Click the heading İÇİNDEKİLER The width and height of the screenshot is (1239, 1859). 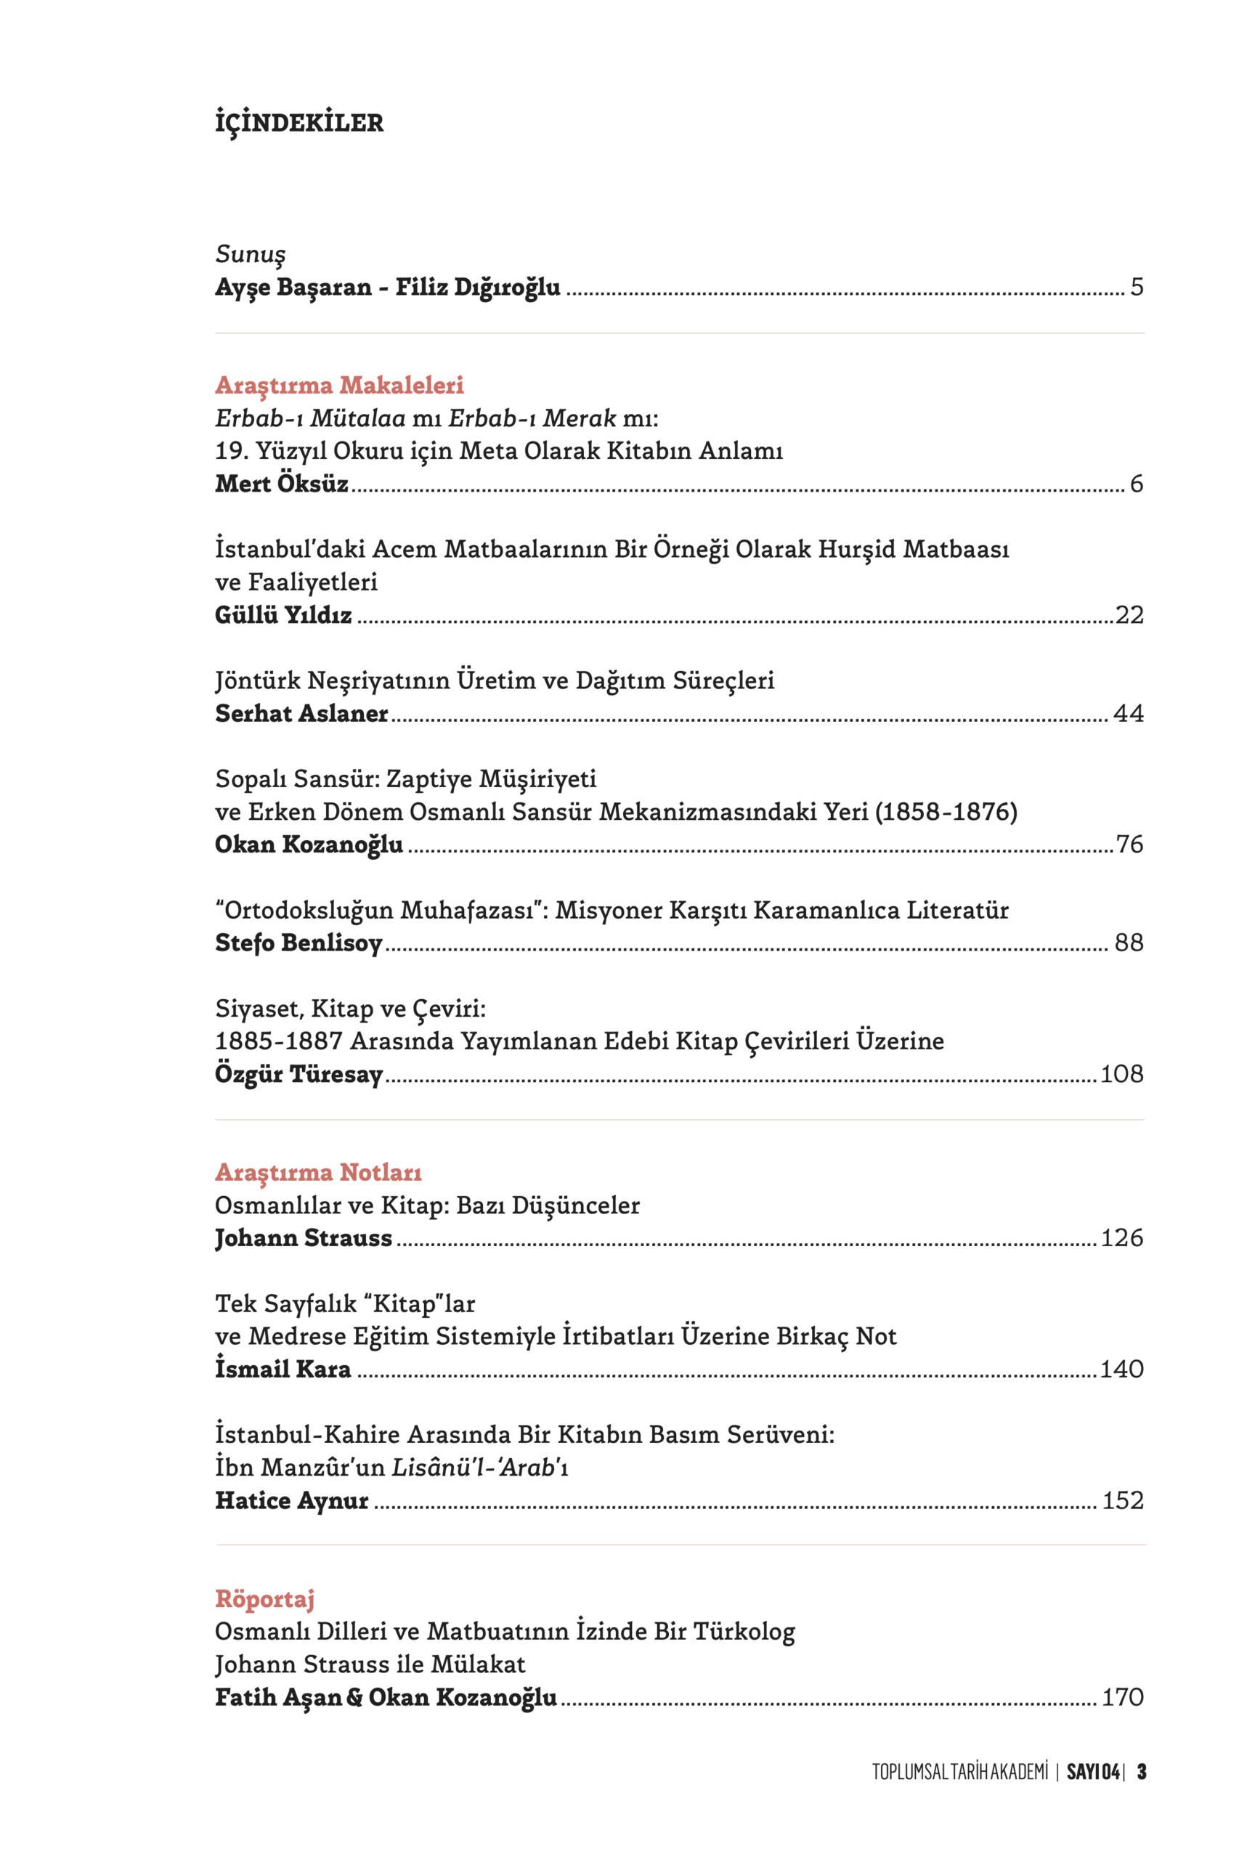pyautogui.click(x=298, y=123)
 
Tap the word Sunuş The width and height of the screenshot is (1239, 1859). pyautogui.click(x=250, y=254)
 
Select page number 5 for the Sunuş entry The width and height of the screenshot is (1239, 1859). pyautogui.click(x=1137, y=287)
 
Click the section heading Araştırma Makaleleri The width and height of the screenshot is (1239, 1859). pyautogui.click(x=339, y=386)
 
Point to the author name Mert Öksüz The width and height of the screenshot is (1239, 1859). pyautogui.click(x=281, y=484)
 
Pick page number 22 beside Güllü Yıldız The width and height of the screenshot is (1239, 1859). pyautogui.click(x=1129, y=614)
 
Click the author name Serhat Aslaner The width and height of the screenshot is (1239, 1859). pyautogui.click(x=301, y=713)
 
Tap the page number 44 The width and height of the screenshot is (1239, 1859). pyautogui.click(x=1128, y=713)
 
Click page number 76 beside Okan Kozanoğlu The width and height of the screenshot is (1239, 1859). pyautogui.click(x=1129, y=845)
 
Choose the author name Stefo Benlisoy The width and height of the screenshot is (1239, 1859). pyautogui.click(x=298, y=943)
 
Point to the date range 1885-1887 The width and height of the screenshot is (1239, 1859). pyautogui.click(x=278, y=1041)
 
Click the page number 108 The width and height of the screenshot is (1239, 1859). pyautogui.click(x=1121, y=1075)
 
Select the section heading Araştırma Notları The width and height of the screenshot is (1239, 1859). pyautogui.click(x=317, y=1173)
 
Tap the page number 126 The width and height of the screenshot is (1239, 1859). pyautogui.click(x=1121, y=1238)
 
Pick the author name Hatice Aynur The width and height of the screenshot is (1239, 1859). pyautogui.click(x=291, y=1500)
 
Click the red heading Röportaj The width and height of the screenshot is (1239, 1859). pyautogui.click(x=264, y=1599)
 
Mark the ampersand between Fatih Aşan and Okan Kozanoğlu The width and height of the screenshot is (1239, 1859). pyautogui.click(x=355, y=1698)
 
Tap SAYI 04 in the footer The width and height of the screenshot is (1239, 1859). pyautogui.click(x=1092, y=1772)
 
